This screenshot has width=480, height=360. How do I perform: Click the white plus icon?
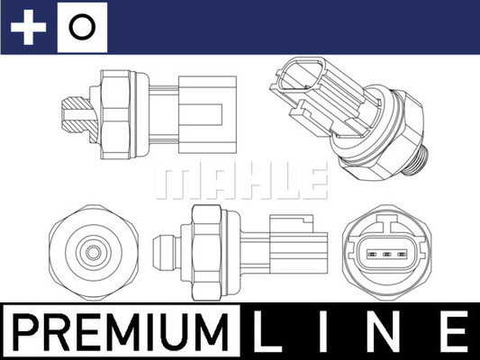point(28,28)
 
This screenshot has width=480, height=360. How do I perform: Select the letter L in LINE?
point(273,333)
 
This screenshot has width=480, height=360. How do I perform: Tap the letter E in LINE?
point(453,333)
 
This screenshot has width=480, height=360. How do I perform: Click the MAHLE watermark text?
point(240,180)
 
